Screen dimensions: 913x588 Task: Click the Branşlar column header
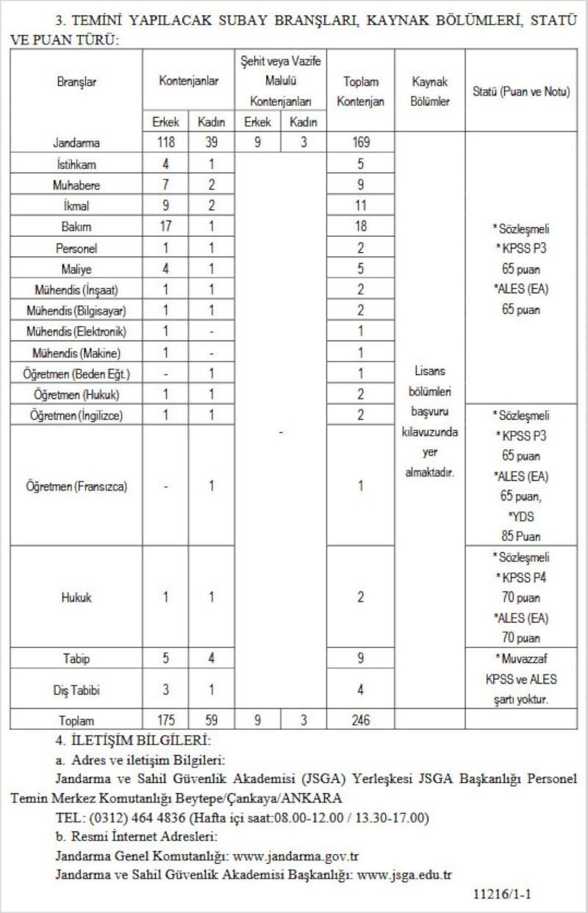[x=76, y=82]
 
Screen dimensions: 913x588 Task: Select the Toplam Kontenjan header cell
[x=360, y=92]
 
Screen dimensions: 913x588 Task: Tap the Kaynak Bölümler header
[x=429, y=92]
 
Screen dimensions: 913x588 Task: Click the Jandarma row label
[x=76, y=143]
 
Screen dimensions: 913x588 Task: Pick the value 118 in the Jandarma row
[x=165, y=143]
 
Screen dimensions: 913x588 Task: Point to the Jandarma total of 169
[x=360, y=143]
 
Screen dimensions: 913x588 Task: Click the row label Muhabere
[x=76, y=185]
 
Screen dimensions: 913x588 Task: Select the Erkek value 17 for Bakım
[x=165, y=227]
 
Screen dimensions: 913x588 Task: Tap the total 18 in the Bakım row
[x=360, y=227]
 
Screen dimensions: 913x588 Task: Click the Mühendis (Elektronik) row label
[x=76, y=332]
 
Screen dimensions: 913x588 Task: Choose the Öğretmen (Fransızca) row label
[x=76, y=487]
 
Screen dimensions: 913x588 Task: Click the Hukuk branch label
[x=76, y=598]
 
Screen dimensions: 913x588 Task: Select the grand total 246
[x=360, y=721]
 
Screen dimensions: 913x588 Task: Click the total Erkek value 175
[x=165, y=721]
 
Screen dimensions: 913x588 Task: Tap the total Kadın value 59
[x=211, y=721]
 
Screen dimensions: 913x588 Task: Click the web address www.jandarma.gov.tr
[x=295, y=856]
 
